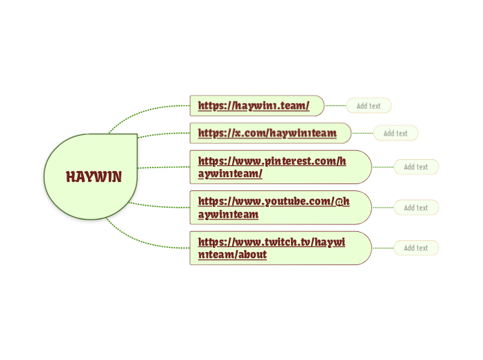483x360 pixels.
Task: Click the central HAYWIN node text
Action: pos(94,177)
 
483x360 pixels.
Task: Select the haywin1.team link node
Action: pos(253,106)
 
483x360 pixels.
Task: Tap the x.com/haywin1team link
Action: pos(267,132)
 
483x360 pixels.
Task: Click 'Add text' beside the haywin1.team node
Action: pos(369,106)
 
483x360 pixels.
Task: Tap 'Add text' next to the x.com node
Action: pos(396,133)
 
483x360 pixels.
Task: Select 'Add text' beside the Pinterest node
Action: pos(416,167)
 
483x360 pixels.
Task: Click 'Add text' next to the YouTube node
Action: pos(416,208)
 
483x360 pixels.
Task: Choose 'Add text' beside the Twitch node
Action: pos(416,248)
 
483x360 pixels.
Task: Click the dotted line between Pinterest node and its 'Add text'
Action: pos(383,167)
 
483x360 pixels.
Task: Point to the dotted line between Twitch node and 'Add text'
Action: pos(383,248)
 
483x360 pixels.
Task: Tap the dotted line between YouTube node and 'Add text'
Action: pos(383,208)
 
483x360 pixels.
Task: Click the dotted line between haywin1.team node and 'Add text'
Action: pos(335,106)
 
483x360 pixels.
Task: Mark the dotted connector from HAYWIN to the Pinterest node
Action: pos(164,167)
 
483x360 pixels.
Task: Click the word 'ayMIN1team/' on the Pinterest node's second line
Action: pos(230,174)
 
